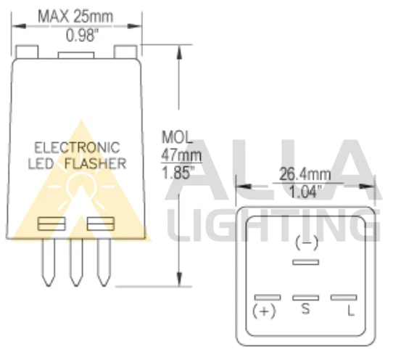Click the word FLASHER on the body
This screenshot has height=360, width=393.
[95, 163]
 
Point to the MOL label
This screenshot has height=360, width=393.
[176, 137]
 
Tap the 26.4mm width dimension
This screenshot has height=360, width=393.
[305, 175]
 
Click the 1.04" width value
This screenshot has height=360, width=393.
[305, 193]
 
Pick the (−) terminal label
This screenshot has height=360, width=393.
[307, 242]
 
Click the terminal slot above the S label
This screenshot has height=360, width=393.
[306, 297]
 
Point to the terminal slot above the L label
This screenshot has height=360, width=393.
[344, 297]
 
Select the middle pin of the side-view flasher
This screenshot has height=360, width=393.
[76, 261]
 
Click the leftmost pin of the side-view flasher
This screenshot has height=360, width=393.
[49, 261]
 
